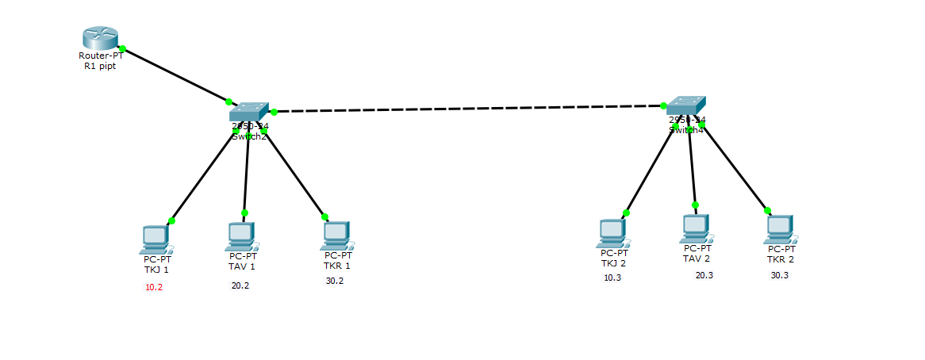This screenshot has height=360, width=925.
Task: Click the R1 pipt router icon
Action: pos(99,37)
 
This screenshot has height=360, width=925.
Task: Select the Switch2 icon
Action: pos(249,113)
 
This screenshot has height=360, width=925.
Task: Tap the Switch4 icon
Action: pos(685,105)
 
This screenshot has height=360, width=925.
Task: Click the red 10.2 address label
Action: pos(154,287)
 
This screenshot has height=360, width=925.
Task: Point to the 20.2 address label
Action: pos(240,285)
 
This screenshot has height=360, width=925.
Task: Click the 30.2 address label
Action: pos(335,281)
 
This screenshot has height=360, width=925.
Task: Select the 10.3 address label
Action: pos(612,278)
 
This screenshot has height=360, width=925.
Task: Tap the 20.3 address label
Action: pos(704,275)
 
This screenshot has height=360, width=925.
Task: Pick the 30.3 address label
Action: pos(780,275)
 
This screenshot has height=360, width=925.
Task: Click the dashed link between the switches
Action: pos(468,108)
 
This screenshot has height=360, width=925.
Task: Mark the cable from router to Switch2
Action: pos(175,75)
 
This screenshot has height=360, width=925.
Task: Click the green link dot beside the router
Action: pos(122,49)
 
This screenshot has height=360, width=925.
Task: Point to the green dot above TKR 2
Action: pos(767,210)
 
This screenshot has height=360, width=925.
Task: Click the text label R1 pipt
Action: pos(99,67)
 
